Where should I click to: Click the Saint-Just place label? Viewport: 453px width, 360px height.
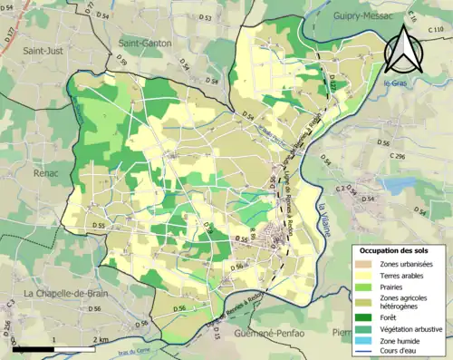coord(43,50)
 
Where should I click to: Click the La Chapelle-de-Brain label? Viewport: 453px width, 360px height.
coord(66,293)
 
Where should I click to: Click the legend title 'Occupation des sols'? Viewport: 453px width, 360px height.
coord(399,249)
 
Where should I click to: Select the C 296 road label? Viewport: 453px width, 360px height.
coord(398,156)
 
